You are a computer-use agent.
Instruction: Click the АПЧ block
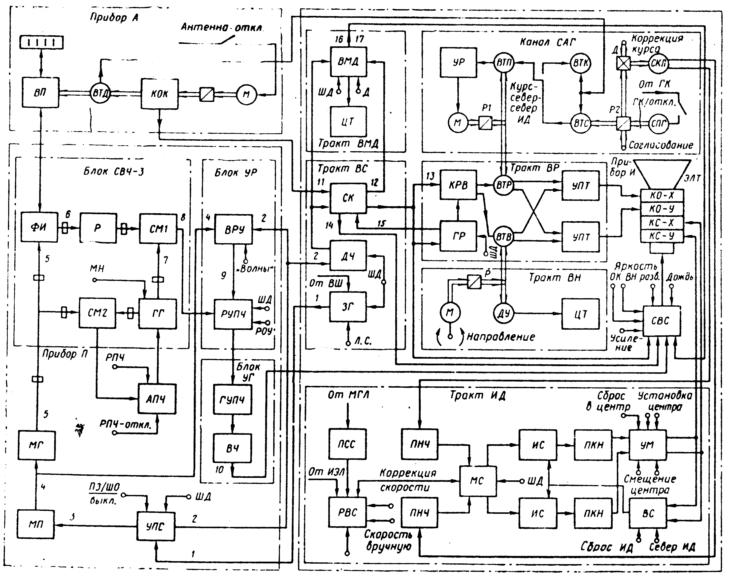(157, 399)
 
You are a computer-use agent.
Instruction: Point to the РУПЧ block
(233, 314)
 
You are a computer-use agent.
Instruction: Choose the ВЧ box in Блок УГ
(232, 448)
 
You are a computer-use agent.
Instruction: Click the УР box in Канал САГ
(458, 62)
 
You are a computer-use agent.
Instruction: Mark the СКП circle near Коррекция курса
(658, 63)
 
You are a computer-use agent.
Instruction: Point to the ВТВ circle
(503, 237)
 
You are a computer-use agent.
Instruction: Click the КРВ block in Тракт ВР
(458, 185)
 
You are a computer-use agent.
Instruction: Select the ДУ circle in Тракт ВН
(503, 314)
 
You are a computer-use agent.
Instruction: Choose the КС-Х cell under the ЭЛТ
(662, 223)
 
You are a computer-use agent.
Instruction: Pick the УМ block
(647, 445)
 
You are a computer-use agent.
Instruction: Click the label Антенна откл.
(222, 27)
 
